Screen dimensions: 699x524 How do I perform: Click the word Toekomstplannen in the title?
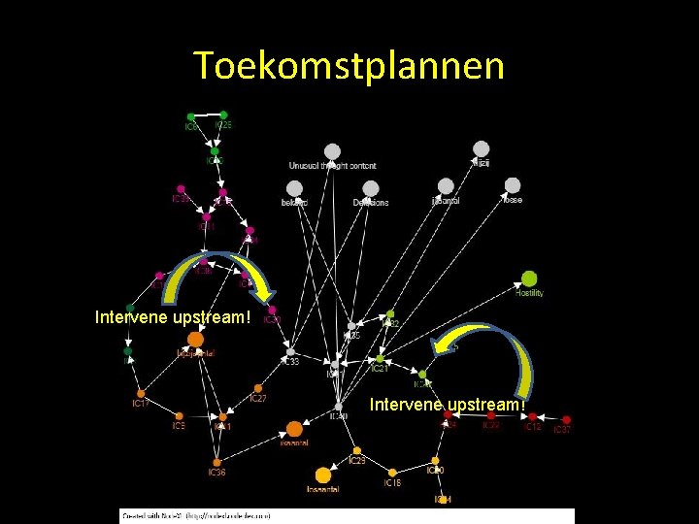coord(349,66)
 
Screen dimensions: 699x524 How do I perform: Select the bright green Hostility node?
coord(529,279)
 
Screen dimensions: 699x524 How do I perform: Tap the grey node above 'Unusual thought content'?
coord(332,151)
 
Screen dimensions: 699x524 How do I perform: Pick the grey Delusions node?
coord(370,188)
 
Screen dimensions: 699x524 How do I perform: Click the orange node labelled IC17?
coord(141,393)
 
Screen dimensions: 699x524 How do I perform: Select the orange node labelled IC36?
coord(217,462)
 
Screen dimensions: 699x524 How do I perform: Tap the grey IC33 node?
coord(290,351)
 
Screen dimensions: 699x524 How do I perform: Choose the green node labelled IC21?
coord(380,359)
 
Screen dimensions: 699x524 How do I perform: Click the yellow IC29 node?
coord(357,450)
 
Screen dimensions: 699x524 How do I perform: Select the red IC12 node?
coord(532,417)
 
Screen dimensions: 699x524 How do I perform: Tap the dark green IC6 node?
coord(190,117)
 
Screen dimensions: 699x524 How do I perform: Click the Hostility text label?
coord(530,293)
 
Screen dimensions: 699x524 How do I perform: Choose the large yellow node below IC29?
coord(323,475)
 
